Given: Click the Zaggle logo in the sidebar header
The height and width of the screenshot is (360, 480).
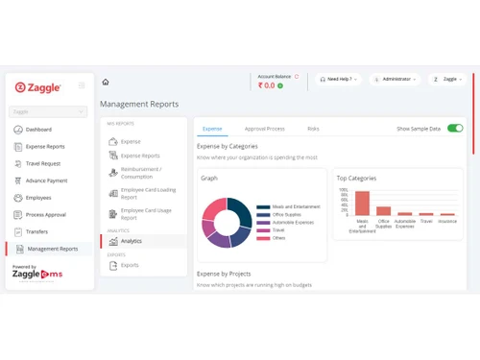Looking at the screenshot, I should click(x=38, y=87).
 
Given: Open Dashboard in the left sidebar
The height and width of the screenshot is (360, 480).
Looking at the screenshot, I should click(x=38, y=129).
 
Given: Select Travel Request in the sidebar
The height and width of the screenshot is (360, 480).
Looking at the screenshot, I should click(x=42, y=163).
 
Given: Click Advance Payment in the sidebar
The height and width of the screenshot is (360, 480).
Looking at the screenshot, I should click(x=46, y=180).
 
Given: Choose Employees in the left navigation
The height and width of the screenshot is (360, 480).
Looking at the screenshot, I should click(x=38, y=198).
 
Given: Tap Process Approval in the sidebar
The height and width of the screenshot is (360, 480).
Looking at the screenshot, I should click(x=45, y=215).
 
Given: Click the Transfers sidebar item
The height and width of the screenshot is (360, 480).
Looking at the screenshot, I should click(x=36, y=231).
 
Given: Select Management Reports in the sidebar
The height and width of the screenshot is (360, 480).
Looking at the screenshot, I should click(x=53, y=249).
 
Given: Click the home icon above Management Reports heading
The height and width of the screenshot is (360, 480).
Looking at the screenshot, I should click(x=106, y=83).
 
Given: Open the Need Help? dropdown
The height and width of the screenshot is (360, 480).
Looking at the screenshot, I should click(x=339, y=80).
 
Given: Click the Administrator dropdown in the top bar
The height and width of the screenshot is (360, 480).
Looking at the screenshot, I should click(x=396, y=80).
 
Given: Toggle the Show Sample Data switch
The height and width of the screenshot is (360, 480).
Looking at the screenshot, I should click(x=455, y=128).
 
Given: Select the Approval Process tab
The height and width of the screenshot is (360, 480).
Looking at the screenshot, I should click(x=264, y=128).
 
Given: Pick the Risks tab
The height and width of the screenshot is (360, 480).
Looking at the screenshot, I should click(x=313, y=128).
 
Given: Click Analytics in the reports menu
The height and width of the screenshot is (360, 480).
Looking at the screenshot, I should click(x=131, y=241).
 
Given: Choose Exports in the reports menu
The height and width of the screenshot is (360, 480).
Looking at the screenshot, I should click(x=129, y=265).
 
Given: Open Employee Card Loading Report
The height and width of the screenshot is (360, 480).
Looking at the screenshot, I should click(x=147, y=193).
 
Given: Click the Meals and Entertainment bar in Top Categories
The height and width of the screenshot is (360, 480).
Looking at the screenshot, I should click(x=362, y=203).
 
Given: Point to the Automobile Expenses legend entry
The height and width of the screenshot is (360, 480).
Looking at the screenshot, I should click(x=292, y=222).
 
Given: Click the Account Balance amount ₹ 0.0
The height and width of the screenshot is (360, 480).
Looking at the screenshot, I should click(x=266, y=85).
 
